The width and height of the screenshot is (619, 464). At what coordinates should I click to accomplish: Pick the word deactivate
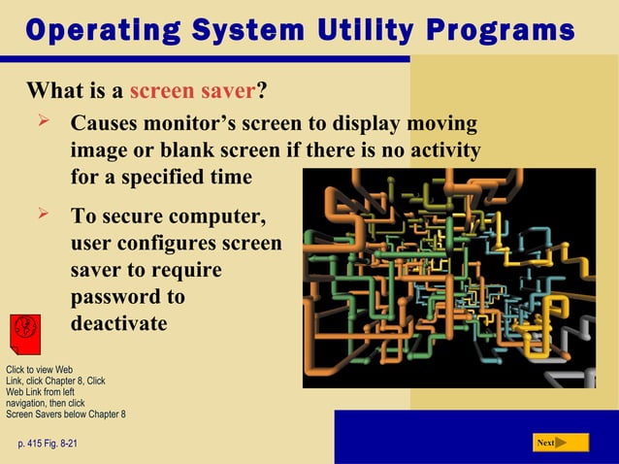(118, 322)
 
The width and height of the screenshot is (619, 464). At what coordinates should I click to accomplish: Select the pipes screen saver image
(448, 278)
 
